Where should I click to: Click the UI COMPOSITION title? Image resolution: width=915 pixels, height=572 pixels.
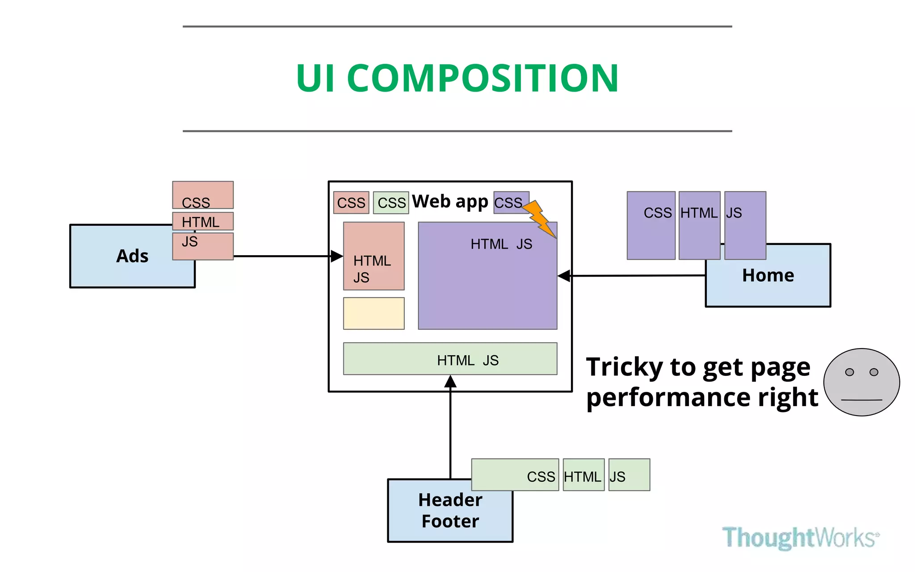457,78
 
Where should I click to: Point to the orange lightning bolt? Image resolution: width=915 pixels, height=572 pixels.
540,219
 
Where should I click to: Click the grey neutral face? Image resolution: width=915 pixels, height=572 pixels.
861,382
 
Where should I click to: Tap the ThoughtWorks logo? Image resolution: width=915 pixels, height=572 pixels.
800,537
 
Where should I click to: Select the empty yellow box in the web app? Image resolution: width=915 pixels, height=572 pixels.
374,313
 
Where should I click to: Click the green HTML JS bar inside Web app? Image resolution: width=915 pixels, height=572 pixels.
450,359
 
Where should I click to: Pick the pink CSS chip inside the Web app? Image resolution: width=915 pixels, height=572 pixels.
351,203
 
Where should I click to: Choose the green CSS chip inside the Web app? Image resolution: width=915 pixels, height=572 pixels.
391,203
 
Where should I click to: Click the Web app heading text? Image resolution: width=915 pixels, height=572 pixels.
450,202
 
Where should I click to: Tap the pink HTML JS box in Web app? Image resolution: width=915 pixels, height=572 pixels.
374,256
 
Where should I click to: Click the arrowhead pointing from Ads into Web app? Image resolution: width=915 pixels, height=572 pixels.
337,256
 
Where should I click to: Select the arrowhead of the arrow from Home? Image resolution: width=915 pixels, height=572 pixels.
564,276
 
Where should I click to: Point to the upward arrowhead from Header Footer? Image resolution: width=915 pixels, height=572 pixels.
450,381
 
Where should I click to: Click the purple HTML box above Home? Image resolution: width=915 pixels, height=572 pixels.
699,225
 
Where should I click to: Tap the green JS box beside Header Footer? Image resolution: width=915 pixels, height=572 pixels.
629,475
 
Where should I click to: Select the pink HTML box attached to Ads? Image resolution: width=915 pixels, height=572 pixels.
203,221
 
